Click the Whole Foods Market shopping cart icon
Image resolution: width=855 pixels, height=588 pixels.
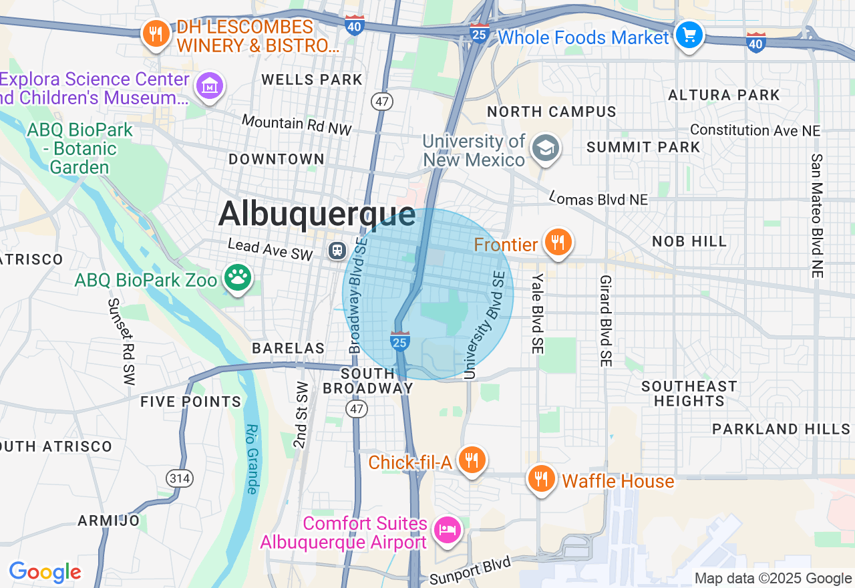[689, 35]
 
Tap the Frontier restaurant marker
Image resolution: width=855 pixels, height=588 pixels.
[558, 242]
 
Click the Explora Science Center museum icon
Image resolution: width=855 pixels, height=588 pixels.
[210, 86]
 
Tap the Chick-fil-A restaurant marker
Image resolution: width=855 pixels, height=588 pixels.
[472, 460]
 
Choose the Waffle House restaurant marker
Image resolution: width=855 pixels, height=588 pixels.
[541, 479]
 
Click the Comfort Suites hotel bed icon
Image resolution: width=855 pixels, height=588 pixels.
[447, 530]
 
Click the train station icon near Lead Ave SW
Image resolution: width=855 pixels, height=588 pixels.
[337, 251]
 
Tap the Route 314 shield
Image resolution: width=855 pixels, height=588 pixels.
[180, 478]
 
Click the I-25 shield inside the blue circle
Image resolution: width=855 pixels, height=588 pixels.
[399, 341]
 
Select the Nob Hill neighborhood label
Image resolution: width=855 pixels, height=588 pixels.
[689, 241]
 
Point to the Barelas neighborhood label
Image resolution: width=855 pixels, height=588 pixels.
[288, 348]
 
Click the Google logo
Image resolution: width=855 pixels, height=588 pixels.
[45, 572]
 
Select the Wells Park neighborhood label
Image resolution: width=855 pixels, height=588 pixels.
[312, 80]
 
